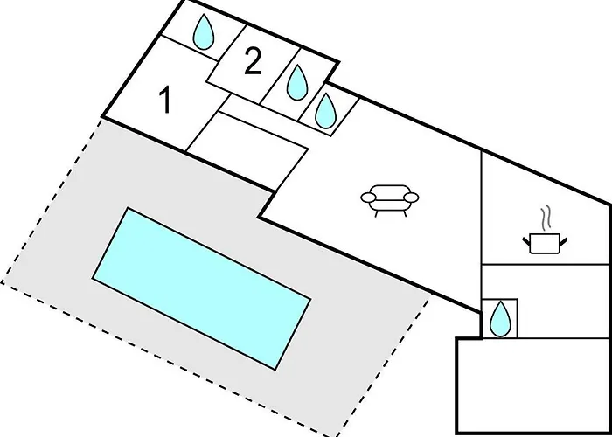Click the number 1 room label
pyautogui.click(x=166, y=101)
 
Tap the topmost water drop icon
pyautogui.click(x=204, y=32)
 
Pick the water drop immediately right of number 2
pyautogui.click(x=297, y=82)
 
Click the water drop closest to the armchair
pyautogui.click(x=325, y=111)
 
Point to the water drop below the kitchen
pyautogui.click(x=500, y=319)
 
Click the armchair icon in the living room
pyautogui.click(x=390, y=200)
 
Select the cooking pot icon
pyautogui.click(x=545, y=243)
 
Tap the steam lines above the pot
pyautogui.click(x=546, y=218)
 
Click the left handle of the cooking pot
pyautogui.click(x=526, y=241)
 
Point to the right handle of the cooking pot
pyautogui.click(x=564, y=241)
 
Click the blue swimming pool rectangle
pyautogui.click(x=201, y=288)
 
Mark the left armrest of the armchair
pyautogui.click(x=368, y=198)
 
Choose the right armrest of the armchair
pyautogui.click(x=411, y=198)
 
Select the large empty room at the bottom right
pyautogui.click(x=533, y=385)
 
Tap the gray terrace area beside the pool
pyautogui.click(x=62, y=218)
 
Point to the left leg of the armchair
pyautogui.click(x=377, y=213)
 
